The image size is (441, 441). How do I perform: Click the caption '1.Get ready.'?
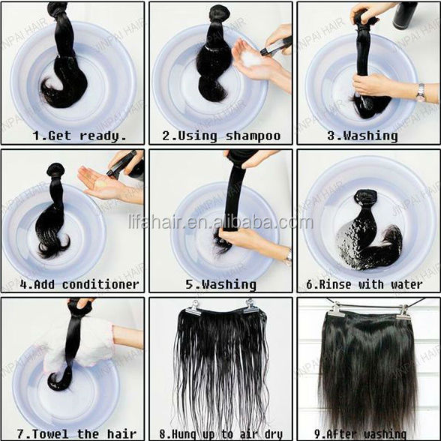click(x=79, y=136)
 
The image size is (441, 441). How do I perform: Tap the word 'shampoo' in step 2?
click(x=253, y=136)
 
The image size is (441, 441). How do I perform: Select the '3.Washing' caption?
click(x=362, y=136)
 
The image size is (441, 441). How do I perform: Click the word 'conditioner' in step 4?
click(x=100, y=284)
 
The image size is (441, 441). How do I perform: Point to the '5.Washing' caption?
click(x=220, y=285)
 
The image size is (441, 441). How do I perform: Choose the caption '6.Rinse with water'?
click(x=364, y=284)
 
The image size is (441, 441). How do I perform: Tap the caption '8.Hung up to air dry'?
click(x=221, y=433)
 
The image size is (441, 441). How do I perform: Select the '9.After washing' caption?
click(x=360, y=434)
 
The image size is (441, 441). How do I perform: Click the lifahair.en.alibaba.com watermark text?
click(x=220, y=222)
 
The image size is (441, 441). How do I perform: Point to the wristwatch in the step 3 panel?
click(x=421, y=92)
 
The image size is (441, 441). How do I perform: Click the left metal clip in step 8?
click(x=193, y=307)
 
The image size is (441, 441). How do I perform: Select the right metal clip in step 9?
click(x=403, y=313)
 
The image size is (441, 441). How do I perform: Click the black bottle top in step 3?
click(x=405, y=16)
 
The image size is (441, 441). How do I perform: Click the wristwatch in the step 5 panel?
click(x=288, y=256)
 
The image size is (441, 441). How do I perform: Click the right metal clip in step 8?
click(x=250, y=306)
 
